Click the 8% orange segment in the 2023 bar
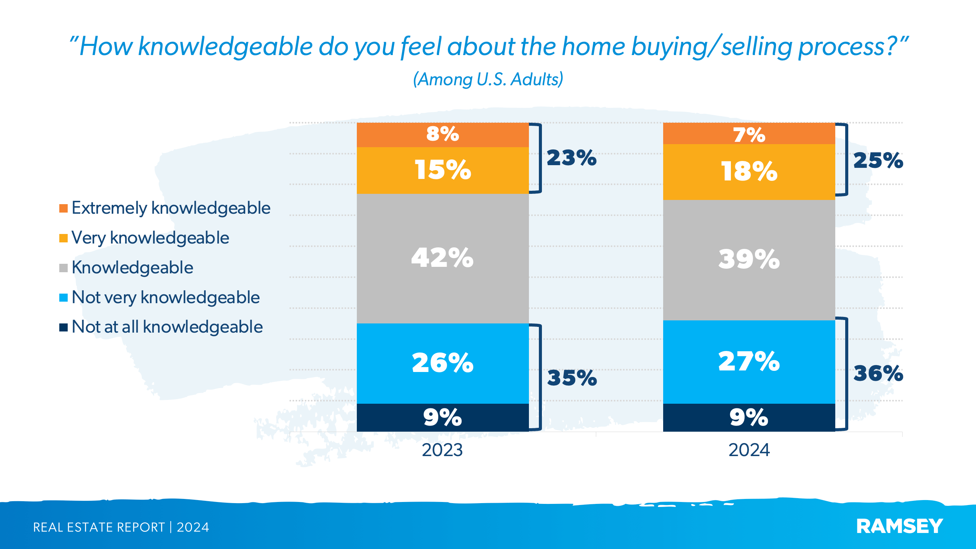click(x=442, y=135)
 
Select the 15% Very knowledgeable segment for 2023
click(x=442, y=170)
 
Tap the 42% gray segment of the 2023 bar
click(x=442, y=258)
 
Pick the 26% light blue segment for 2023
click(x=442, y=363)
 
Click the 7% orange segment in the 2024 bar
click(x=749, y=134)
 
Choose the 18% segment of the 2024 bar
click(x=749, y=172)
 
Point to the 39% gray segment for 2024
click(x=749, y=260)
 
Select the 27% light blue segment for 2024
click(x=749, y=361)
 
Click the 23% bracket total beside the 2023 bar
click(x=571, y=158)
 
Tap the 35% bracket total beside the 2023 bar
click(x=572, y=378)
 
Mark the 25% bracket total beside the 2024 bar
click(x=878, y=161)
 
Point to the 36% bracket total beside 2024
click(x=878, y=374)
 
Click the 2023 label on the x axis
click(x=442, y=450)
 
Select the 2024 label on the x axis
click(x=749, y=450)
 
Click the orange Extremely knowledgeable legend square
click(x=63, y=208)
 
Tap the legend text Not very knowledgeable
click(x=166, y=297)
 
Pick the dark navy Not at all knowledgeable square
click(x=63, y=327)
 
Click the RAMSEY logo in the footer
click(x=900, y=526)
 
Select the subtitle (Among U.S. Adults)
click(x=488, y=80)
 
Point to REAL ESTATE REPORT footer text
click(x=99, y=527)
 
